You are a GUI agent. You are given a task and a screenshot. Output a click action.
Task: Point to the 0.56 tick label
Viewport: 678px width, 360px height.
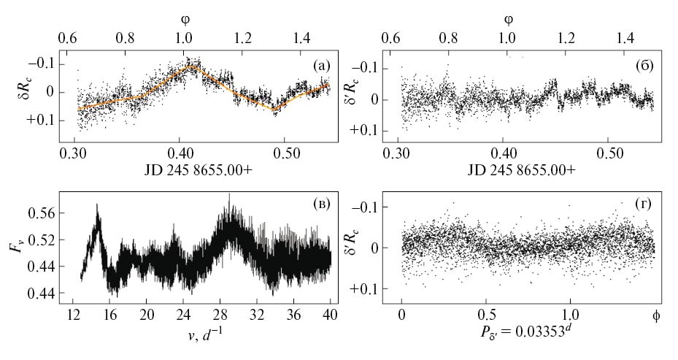point(49,213)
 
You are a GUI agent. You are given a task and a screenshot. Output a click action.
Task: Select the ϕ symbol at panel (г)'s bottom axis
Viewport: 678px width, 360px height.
point(655,315)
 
